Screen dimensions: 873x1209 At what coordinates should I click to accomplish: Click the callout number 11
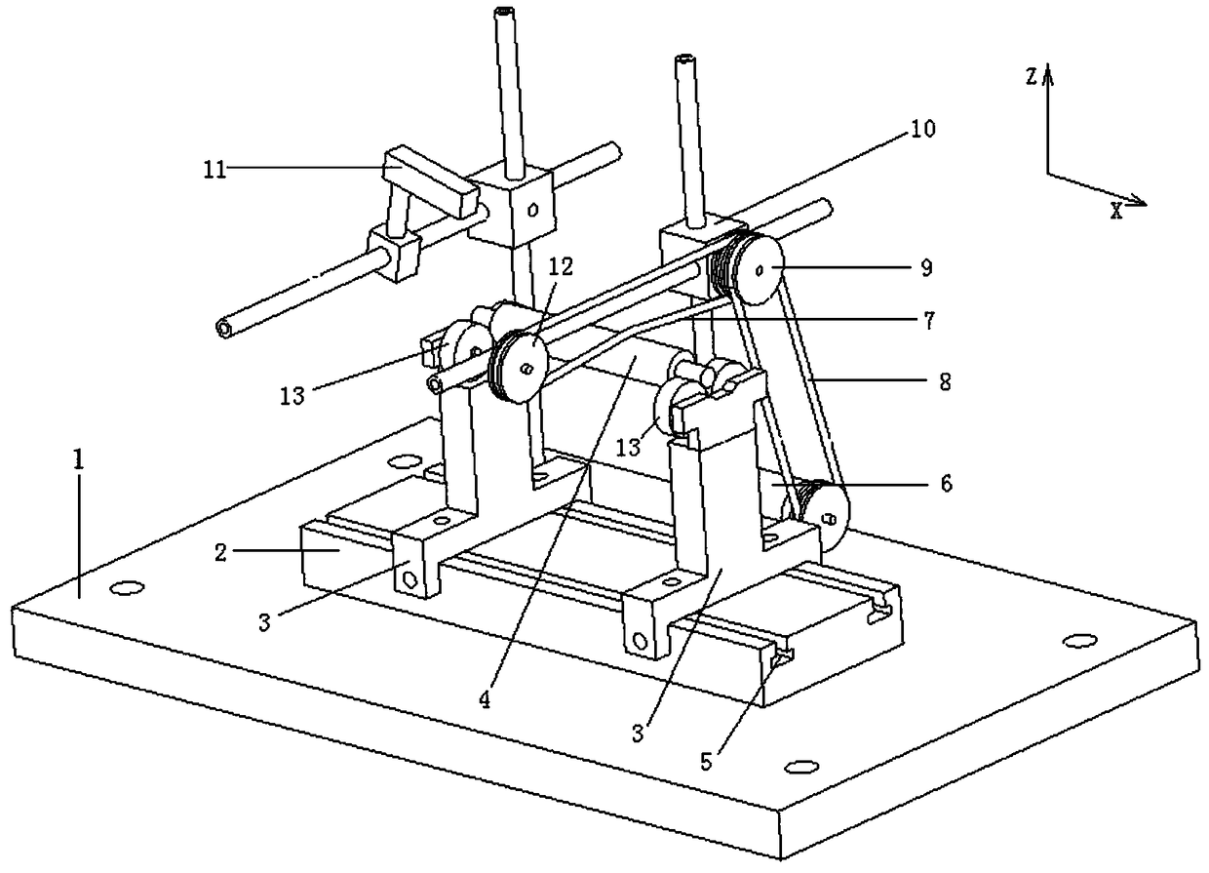coord(214,169)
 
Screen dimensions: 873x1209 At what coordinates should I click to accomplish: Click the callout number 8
coord(941,383)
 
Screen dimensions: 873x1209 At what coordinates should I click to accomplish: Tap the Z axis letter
coord(1032,77)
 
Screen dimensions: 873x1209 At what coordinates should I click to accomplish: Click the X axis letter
coord(1116,211)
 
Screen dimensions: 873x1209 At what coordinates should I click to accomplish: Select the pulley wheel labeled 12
coord(518,367)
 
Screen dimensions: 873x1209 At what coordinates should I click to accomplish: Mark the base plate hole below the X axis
coord(1075,640)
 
